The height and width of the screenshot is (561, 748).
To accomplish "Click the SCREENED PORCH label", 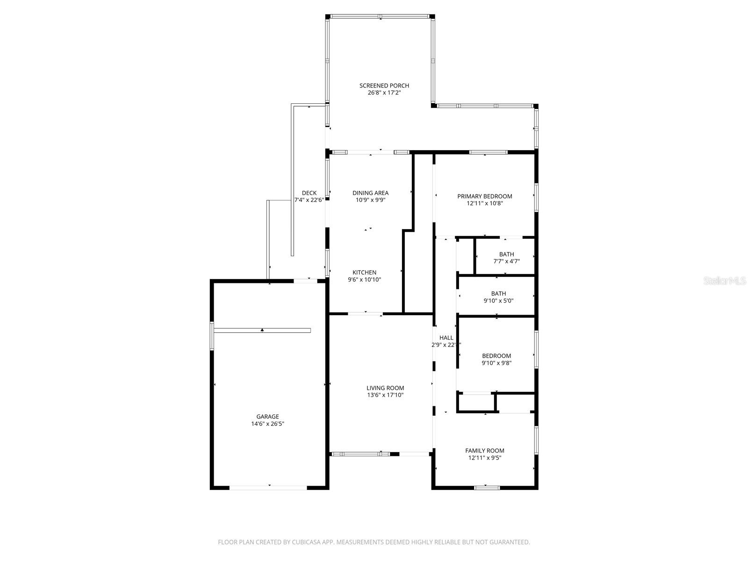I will (384, 86).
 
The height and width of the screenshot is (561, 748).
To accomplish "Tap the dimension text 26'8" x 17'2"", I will (384, 93).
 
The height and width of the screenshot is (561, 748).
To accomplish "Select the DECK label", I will (309, 193).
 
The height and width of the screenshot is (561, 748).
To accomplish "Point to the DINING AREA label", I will (370, 193).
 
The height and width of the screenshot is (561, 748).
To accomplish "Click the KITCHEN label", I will (364, 273).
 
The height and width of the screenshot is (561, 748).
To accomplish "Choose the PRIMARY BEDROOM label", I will (484, 196).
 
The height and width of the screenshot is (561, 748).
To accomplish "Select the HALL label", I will (446, 338).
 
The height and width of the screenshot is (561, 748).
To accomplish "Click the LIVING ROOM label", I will (385, 388).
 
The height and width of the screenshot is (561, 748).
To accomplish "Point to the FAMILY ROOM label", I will (484, 451).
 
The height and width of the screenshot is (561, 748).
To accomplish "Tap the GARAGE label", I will (267, 417).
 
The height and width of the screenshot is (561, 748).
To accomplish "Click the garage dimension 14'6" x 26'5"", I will (267, 424).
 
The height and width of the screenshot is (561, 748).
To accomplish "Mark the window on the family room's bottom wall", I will (487, 488).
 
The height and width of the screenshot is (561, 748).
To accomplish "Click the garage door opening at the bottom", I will (268, 488).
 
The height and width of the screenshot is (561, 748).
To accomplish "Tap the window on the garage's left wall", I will (212, 335).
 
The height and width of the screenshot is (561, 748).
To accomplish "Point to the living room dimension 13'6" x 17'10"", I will (385, 395).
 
